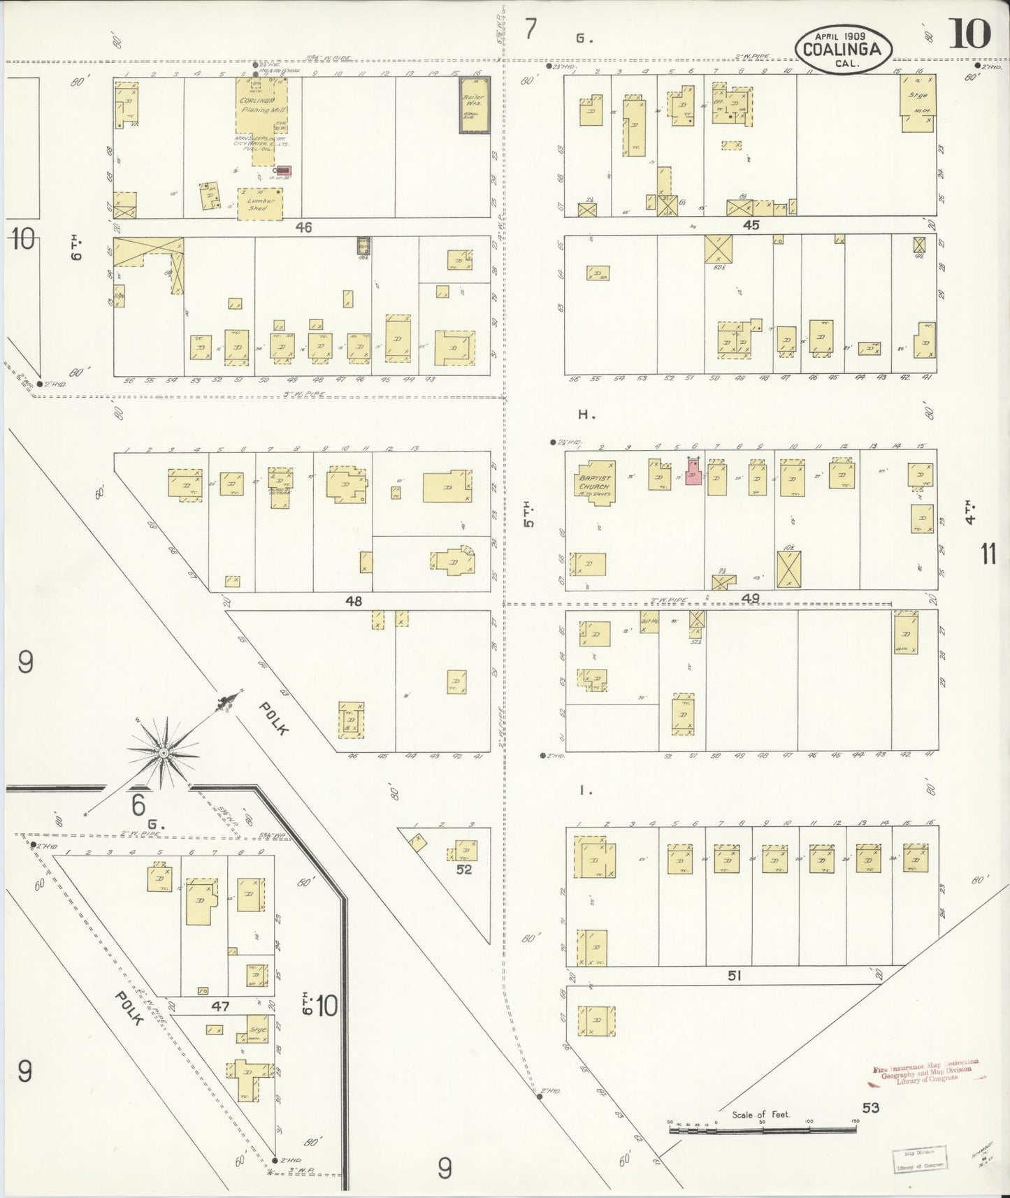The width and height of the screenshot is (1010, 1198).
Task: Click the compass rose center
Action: [163, 752]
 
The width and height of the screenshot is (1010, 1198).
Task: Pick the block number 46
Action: [303, 226]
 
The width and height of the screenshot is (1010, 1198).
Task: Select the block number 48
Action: [354, 600]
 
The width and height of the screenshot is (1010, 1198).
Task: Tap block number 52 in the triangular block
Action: [464, 870]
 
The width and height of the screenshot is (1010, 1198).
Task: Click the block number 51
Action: [734, 976]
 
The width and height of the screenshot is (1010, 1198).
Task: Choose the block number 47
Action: [221, 1006]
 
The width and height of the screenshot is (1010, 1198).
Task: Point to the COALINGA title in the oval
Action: [846, 49]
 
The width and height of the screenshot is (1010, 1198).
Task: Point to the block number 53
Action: [870, 1108]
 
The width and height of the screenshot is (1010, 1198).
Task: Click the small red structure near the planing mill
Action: [283, 170]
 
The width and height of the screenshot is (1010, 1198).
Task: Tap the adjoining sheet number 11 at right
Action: [988, 554]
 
